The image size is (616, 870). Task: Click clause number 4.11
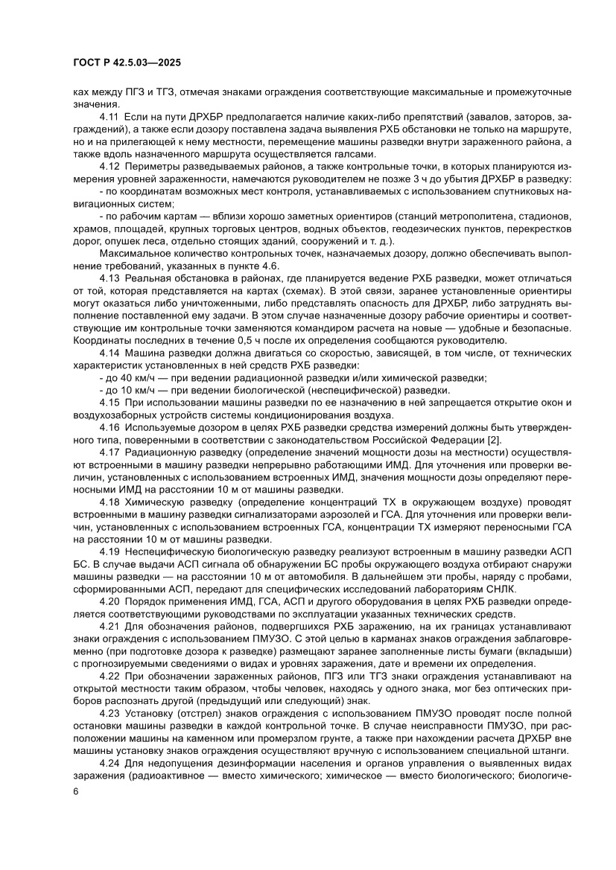(109, 118)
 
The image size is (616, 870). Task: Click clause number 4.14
(109, 351)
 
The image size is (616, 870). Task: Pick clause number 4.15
(109, 403)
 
